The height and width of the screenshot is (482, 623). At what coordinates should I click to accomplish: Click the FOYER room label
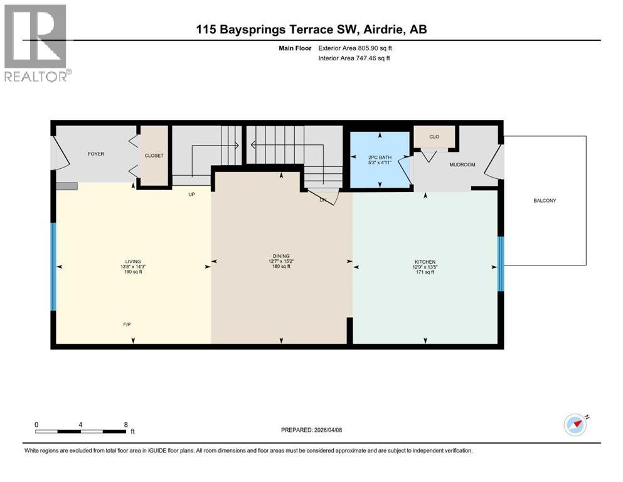tap(96, 154)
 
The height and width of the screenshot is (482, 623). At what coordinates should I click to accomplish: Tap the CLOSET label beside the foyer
tap(154, 156)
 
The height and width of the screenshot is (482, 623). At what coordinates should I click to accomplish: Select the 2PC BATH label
tap(380, 158)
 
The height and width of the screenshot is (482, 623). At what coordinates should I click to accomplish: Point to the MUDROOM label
tap(462, 164)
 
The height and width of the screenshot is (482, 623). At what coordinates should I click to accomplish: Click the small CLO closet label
tap(434, 137)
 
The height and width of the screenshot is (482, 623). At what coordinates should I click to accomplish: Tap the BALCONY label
tap(545, 201)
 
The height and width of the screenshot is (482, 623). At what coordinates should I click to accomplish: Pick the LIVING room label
tap(133, 262)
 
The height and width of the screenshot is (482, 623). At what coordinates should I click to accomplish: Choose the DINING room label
tap(281, 256)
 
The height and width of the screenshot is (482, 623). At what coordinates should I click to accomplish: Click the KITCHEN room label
tap(425, 262)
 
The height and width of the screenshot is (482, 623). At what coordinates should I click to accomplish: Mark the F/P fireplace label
tap(127, 324)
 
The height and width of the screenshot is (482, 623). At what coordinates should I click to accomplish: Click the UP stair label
tap(191, 195)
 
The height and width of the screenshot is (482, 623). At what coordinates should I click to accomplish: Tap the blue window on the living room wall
tap(53, 267)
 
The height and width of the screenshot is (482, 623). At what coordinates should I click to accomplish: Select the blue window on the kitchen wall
tap(501, 264)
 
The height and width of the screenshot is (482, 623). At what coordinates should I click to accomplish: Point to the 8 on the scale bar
tap(126, 424)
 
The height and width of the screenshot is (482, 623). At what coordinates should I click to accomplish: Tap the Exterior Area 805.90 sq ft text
tap(355, 48)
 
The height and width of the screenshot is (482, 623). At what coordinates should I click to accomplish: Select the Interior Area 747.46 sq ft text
tap(354, 58)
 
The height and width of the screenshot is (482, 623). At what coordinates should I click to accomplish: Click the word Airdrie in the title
tap(383, 29)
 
